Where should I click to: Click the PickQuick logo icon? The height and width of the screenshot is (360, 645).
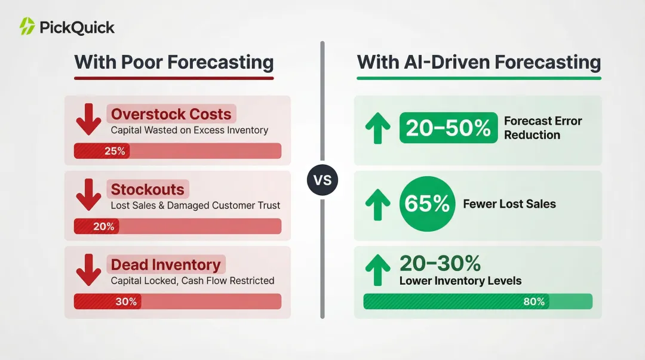tap(27, 26)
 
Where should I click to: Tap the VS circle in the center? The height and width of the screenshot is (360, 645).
tap(322, 180)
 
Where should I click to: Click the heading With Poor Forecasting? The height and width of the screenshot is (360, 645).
tap(174, 62)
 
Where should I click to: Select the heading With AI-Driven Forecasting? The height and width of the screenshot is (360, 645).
tap(478, 62)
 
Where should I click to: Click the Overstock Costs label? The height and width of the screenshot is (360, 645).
tap(171, 114)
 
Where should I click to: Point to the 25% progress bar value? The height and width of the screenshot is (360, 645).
tap(115, 151)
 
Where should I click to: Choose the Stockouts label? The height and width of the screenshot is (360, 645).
tap(148, 190)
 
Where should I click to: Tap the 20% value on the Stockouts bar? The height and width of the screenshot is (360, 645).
tap(103, 226)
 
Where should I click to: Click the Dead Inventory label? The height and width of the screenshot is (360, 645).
tap(165, 265)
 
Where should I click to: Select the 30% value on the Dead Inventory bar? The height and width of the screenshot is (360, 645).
tap(126, 301)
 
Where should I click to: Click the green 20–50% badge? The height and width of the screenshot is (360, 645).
tap(448, 128)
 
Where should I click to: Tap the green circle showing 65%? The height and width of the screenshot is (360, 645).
tap(426, 204)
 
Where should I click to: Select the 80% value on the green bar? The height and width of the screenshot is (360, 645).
tap(534, 301)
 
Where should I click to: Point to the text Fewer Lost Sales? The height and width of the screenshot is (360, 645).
tap(509, 204)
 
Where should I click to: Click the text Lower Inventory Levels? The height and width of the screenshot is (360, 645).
tap(460, 281)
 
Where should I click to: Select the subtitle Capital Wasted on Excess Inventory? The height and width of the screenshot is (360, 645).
tap(189, 130)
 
